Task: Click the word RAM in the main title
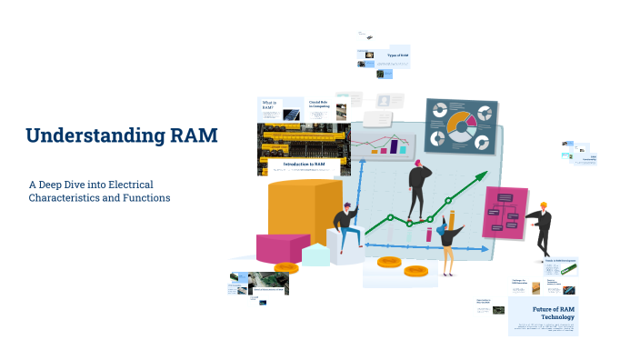pos(194,136)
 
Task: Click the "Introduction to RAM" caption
pos(298,165)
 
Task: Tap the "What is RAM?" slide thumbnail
pos(269,106)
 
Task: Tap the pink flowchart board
pos(505,213)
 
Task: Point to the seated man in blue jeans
pos(346,227)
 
